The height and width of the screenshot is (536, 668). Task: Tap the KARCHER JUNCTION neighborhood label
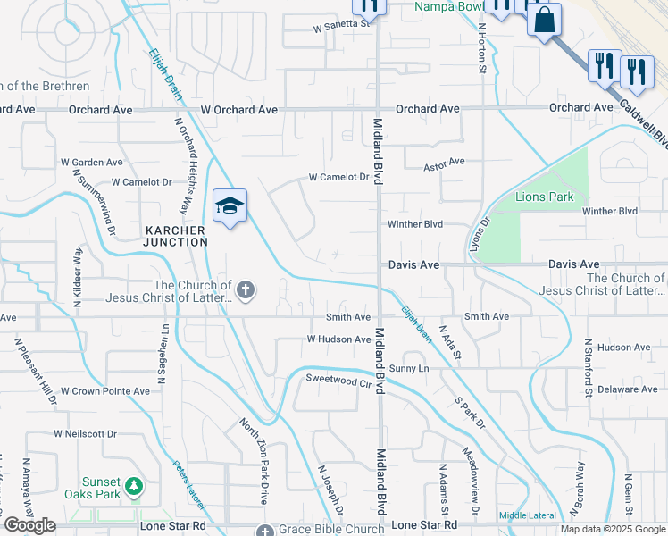point(176,236)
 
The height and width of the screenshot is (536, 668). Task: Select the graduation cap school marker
point(230,206)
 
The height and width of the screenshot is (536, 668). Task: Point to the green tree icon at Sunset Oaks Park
point(134,486)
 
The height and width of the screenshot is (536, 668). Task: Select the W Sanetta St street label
point(341,26)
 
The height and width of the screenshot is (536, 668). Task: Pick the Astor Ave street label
point(444,162)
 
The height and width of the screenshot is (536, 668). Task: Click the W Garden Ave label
point(91,163)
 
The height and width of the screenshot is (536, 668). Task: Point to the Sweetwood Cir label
point(338,381)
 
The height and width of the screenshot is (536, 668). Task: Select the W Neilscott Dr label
point(85,433)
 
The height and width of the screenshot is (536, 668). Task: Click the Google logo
point(29,525)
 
